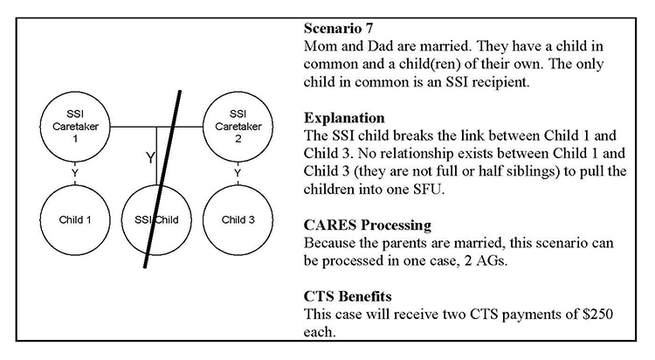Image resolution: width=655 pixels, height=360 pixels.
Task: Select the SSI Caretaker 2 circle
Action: [237, 128]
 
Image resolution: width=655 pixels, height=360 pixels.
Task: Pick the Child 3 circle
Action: [237, 219]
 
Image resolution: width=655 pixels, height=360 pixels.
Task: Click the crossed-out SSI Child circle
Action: [155, 219]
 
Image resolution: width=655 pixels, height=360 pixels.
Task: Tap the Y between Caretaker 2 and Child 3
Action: [237, 173]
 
